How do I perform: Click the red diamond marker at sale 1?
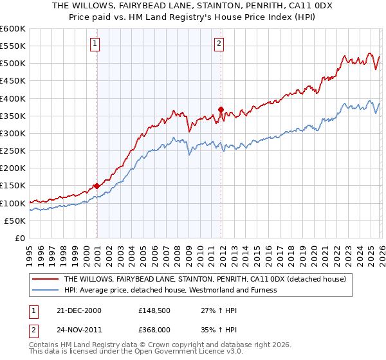[x=96, y=186]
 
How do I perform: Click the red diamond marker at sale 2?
[x=221, y=109]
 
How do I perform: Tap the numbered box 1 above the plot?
[x=95, y=44]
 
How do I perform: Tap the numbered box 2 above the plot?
[x=219, y=44]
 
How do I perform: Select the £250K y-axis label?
[x=13, y=151]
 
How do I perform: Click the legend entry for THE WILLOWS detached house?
[x=205, y=279]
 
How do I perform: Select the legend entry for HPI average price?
[x=170, y=290]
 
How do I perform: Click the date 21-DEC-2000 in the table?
[x=79, y=310]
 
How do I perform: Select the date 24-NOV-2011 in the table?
[x=79, y=330]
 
